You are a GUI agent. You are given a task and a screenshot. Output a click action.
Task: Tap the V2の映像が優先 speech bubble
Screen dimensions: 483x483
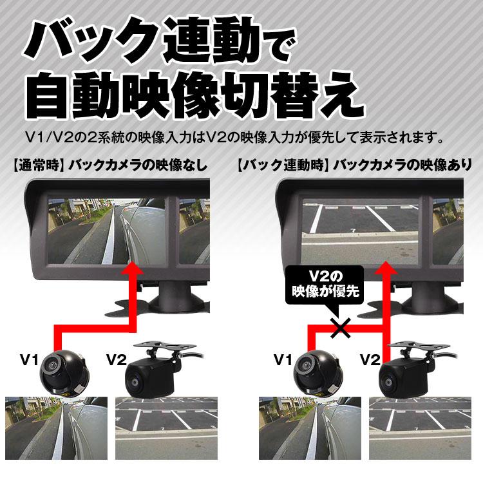(x=325, y=284)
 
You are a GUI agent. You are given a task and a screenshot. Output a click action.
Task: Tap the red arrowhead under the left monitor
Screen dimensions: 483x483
(x=134, y=268)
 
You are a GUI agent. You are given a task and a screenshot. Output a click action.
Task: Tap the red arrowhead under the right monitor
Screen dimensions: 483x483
(x=385, y=268)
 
